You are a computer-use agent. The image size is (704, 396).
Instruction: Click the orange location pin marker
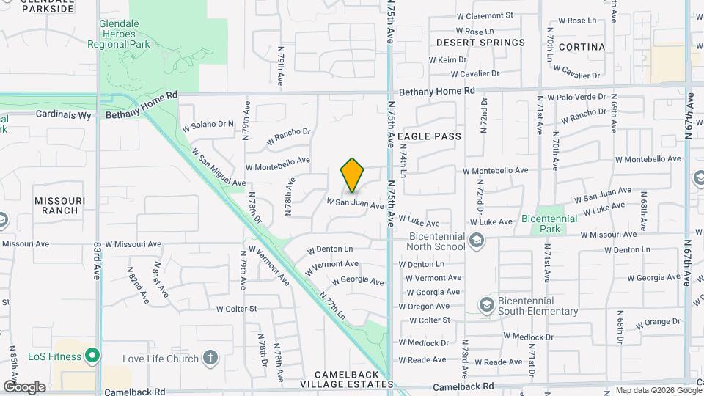coord(352,175)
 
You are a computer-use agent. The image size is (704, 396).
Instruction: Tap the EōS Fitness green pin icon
coord(92,356)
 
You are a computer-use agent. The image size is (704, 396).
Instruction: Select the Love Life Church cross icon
coord(210,358)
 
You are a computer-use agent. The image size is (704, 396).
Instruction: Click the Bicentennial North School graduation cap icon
coord(477,241)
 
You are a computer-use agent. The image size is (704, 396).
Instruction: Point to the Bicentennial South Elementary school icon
coord(485,304)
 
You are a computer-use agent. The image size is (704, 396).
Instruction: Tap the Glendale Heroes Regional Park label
coord(124,34)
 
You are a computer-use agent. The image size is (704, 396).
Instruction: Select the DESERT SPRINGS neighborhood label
coord(480,43)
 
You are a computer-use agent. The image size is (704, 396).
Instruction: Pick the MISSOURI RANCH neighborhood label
coord(60,205)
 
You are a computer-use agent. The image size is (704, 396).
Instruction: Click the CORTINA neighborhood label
coord(582,47)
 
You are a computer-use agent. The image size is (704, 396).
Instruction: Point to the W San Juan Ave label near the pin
coord(355,203)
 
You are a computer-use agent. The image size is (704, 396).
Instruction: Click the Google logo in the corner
coord(24,386)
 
